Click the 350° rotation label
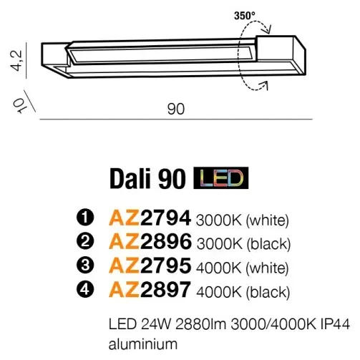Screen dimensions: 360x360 click(x=245, y=16)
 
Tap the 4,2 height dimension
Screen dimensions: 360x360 click(x=17, y=60)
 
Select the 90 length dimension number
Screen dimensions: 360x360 click(x=176, y=109)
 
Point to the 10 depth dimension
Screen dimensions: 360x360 click(x=20, y=105)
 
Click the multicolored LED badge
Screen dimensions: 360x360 click(x=221, y=178)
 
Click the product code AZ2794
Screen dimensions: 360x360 click(x=150, y=218)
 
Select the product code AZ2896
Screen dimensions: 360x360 click(x=150, y=241)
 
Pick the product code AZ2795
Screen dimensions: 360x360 click(x=150, y=266)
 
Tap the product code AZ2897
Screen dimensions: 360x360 click(x=150, y=289)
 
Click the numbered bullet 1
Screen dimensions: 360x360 click(x=85, y=218)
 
